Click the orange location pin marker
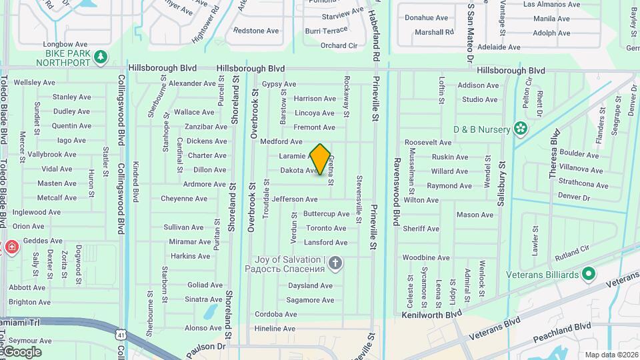point(320,159)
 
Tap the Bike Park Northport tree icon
point(101,57)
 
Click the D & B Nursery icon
point(520,129)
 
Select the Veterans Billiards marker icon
point(588,274)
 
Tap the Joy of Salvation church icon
point(335,264)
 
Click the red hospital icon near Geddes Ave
point(11,248)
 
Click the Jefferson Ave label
point(295,199)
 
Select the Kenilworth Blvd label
point(432,314)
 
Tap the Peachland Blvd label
point(563,327)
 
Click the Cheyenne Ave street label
point(184,199)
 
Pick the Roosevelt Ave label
point(428,143)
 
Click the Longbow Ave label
point(62,45)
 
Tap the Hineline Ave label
point(275,329)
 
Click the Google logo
point(21,351)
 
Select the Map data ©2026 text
point(611,355)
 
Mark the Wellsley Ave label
point(35,83)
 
